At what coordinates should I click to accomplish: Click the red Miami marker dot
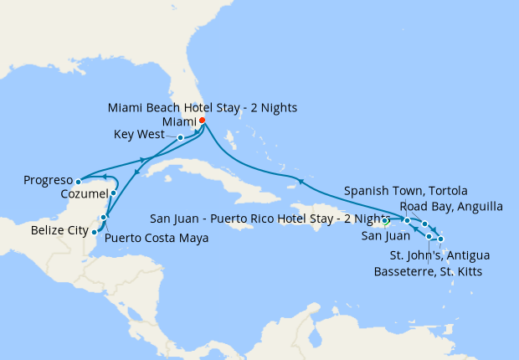202,121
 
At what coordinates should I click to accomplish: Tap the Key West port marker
181,137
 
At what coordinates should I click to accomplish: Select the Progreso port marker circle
78,181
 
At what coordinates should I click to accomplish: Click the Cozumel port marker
113,193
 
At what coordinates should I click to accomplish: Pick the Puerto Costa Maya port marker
104,218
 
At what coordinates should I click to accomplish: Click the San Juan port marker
385,222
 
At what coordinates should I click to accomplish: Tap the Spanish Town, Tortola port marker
407,220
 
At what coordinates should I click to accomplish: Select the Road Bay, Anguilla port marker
425,224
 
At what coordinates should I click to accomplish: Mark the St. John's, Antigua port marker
440,239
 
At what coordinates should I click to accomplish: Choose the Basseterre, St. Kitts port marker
429,237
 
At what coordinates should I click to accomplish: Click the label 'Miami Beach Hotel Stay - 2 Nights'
203,108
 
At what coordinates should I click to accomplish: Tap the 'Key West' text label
143,134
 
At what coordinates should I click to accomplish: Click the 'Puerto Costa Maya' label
156,238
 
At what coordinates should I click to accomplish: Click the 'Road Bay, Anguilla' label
451,206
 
